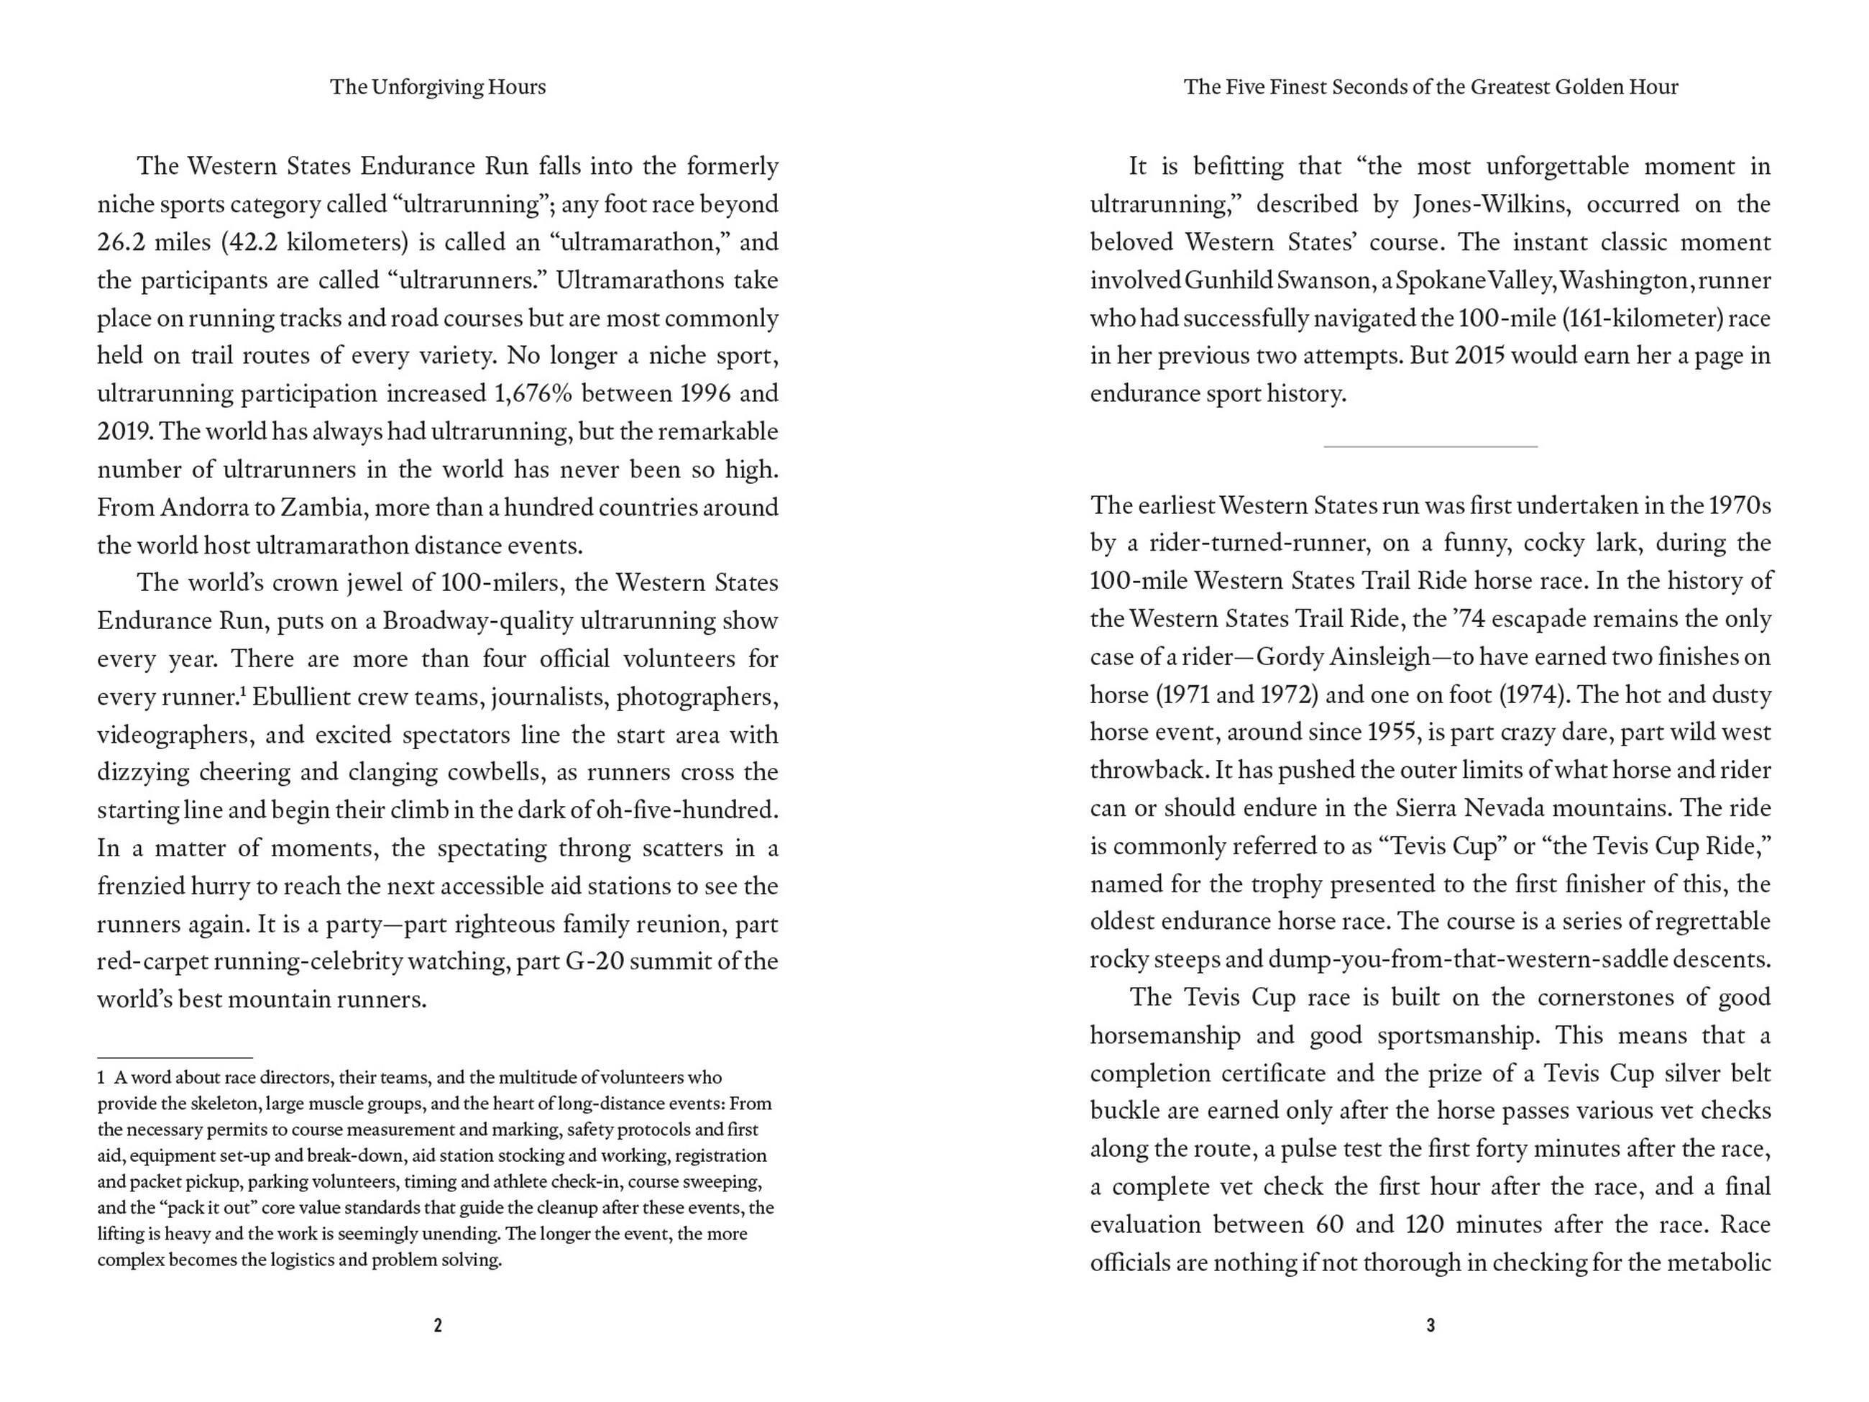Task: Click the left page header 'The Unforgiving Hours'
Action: coord(438,87)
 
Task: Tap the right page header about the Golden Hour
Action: coord(1431,87)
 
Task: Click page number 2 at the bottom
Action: coord(438,1325)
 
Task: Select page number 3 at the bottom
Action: coord(1431,1325)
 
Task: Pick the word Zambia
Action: coord(323,508)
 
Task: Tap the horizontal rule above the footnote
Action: coord(175,1057)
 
